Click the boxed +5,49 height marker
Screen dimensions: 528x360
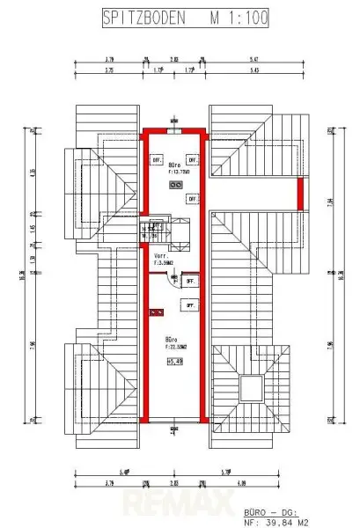tap(173, 360)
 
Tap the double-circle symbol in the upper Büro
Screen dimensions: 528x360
tap(176, 186)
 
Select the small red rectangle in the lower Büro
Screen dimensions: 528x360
tap(157, 312)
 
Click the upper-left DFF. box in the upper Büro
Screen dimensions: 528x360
tap(157, 160)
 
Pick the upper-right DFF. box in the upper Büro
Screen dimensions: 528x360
tap(192, 160)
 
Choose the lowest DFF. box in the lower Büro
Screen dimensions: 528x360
tap(188, 304)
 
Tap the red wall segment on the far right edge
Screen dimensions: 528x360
tap(300, 192)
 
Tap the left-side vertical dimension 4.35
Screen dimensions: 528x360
tap(33, 172)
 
